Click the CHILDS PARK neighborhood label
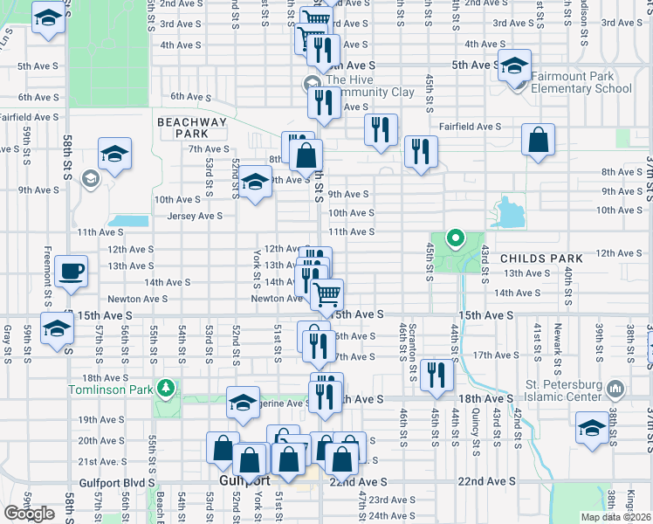(x=534, y=259)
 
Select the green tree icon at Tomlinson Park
(x=166, y=387)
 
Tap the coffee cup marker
(x=71, y=271)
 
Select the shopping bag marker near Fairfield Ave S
(x=539, y=139)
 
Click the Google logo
(x=29, y=514)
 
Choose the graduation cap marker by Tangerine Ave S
(x=243, y=403)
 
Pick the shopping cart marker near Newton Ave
(x=326, y=294)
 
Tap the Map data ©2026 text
(x=617, y=517)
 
